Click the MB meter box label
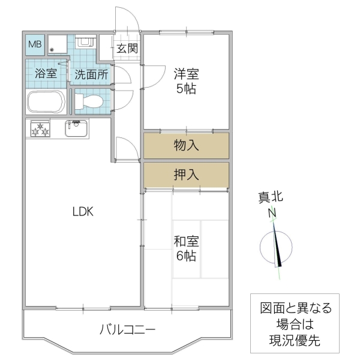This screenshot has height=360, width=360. click(x=34, y=44)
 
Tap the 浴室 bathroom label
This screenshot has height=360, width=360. click(x=46, y=74)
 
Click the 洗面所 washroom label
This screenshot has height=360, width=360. click(x=91, y=75)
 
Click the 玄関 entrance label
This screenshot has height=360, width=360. click(x=127, y=48)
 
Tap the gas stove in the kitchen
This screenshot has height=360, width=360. click(x=41, y=129)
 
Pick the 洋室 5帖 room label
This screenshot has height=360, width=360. click(x=186, y=82)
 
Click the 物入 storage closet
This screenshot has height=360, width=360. click(x=186, y=145)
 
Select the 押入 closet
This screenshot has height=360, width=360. click(x=186, y=175)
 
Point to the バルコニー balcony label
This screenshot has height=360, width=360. click(x=128, y=329)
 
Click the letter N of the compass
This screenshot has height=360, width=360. click(x=271, y=213)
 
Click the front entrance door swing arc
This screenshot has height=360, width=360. click(x=127, y=21)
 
